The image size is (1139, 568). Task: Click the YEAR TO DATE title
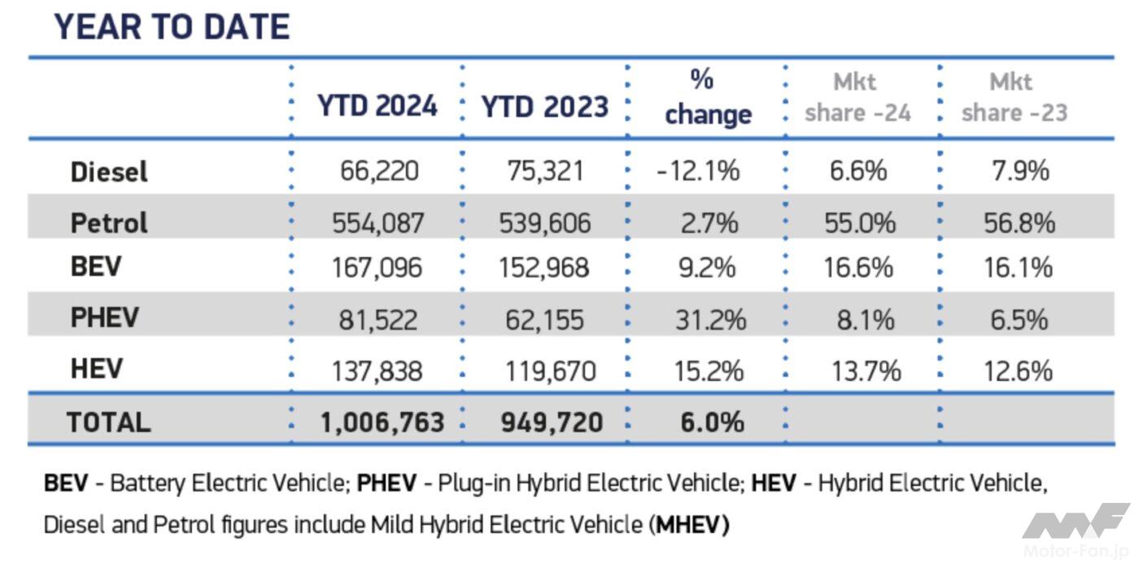point(172,27)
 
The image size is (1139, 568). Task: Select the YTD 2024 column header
point(377,106)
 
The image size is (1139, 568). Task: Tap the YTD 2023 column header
point(544,107)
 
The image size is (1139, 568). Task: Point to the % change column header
point(707,98)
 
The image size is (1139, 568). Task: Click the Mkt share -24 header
point(858,98)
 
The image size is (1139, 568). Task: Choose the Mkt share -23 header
point(1014,98)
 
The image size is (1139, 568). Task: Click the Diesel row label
point(109,172)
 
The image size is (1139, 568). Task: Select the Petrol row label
point(109,222)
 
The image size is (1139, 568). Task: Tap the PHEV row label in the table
point(104,317)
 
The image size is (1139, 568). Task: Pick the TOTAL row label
point(108,422)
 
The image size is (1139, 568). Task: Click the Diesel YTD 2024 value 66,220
point(377,172)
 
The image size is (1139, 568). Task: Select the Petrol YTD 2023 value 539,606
point(544,223)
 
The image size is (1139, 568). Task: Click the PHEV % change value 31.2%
point(709,319)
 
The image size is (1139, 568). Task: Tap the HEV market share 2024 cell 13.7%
point(866,371)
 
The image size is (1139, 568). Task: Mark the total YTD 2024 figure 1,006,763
point(382,422)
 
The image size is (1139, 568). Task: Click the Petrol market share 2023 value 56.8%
point(1019,223)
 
